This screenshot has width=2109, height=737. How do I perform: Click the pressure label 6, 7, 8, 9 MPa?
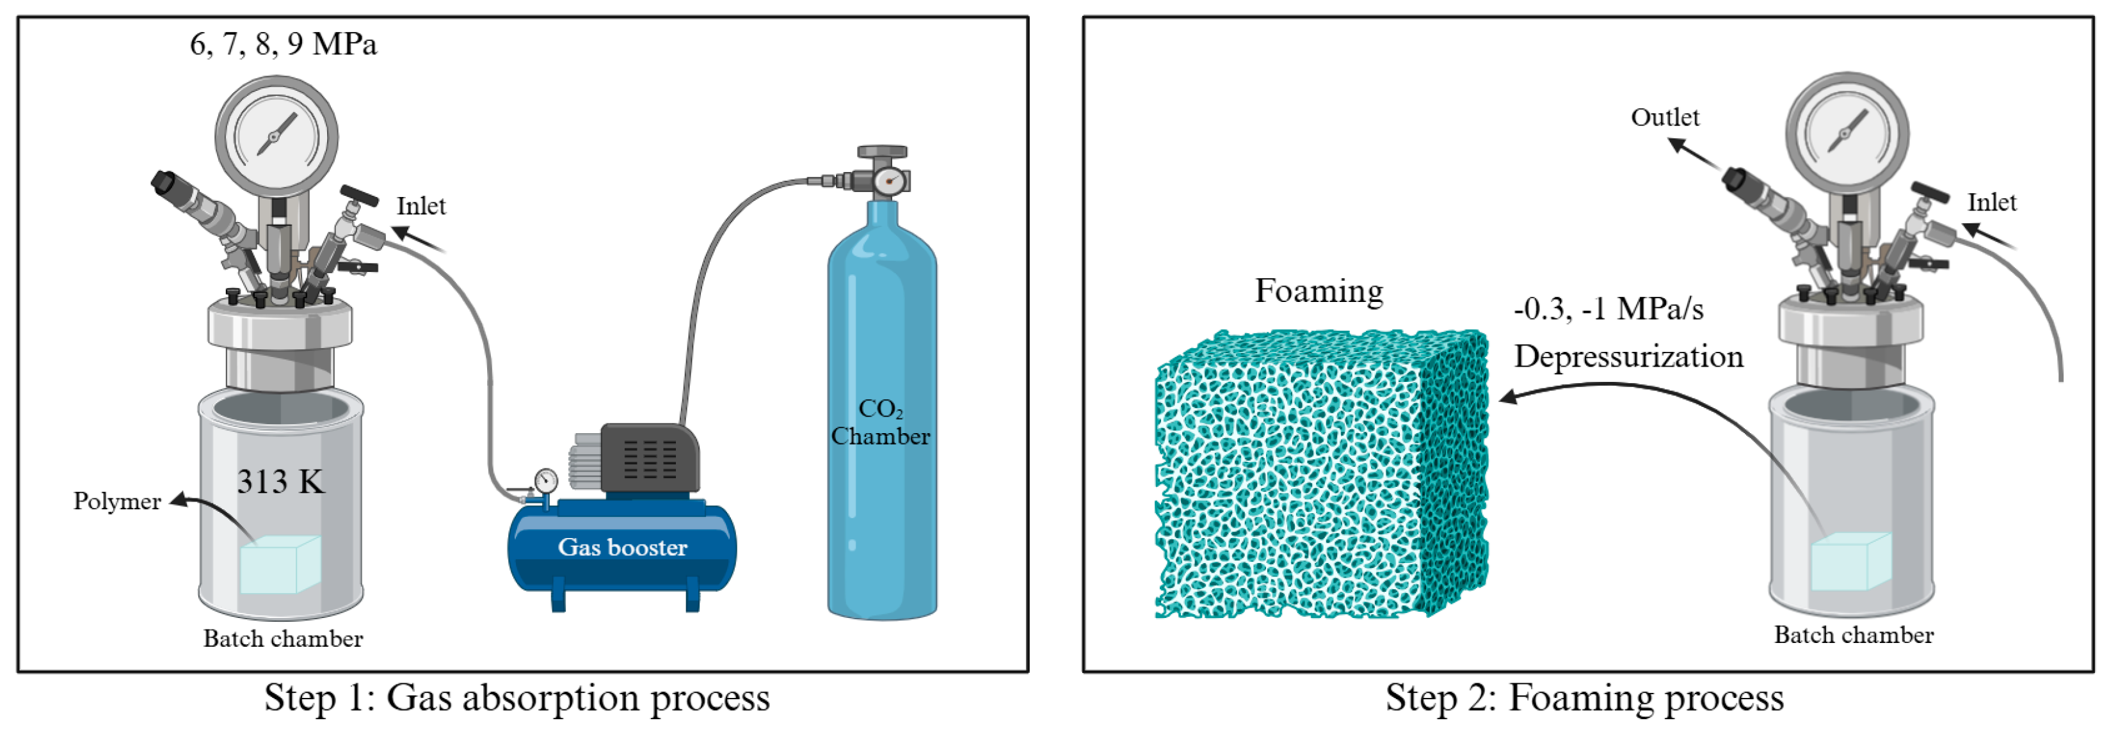(x=284, y=44)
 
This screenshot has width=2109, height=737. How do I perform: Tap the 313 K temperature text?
(x=281, y=481)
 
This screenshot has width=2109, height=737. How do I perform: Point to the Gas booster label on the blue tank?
(x=622, y=547)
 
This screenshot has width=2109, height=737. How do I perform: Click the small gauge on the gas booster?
(x=545, y=481)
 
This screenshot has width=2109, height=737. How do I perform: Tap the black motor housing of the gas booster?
(x=650, y=458)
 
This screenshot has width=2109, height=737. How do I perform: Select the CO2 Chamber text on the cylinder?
(x=881, y=422)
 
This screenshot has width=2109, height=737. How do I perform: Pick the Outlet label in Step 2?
(x=1664, y=118)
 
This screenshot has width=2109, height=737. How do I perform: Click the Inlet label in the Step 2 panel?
(x=1991, y=203)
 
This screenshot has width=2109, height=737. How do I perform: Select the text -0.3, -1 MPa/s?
(x=1608, y=309)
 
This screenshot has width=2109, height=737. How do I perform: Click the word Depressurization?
(x=1628, y=356)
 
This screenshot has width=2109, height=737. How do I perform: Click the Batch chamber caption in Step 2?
(x=1853, y=635)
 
